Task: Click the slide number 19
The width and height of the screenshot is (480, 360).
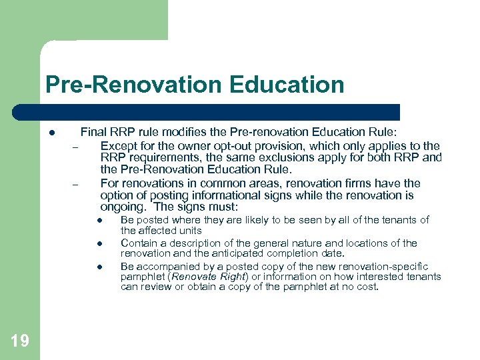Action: click(20, 341)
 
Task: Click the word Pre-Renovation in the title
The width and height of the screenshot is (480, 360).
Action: click(133, 85)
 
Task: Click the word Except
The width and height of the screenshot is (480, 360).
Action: click(118, 145)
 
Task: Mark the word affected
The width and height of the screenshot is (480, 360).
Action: click(159, 230)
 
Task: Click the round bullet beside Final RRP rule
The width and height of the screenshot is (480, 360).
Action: click(51, 133)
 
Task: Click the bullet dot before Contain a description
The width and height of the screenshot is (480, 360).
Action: click(97, 244)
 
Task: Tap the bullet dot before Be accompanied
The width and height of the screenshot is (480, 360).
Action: click(97, 267)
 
